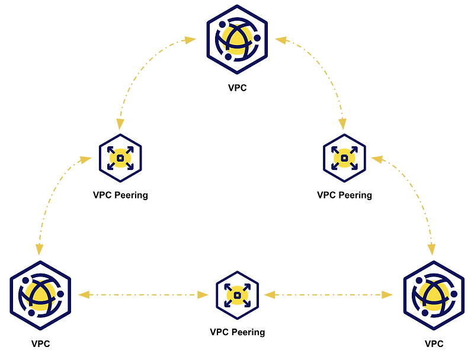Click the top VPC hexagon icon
[x=237, y=39]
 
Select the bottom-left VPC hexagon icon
[x=40, y=295]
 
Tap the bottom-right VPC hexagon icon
[x=434, y=295]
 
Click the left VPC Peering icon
[x=120, y=158]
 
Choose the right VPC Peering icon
[x=344, y=158]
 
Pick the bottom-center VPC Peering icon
[x=238, y=295]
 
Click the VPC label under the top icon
[x=238, y=88]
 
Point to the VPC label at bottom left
[x=40, y=343]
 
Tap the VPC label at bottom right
[x=434, y=343]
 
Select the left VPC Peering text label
[x=120, y=195]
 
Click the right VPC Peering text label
[x=344, y=195]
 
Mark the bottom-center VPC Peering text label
[x=238, y=332]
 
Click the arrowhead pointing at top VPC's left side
[x=190, y=40]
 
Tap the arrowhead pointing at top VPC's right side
[x=281, y=40]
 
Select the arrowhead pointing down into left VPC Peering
[x=120, y=124]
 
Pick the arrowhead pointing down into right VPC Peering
[x=342, y=124]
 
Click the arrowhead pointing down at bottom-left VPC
[x=39, y=250]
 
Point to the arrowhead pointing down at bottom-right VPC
[x=432, y=250]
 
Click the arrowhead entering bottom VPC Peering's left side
[x=203, y=295]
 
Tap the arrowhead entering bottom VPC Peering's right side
[x=270, y=295]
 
